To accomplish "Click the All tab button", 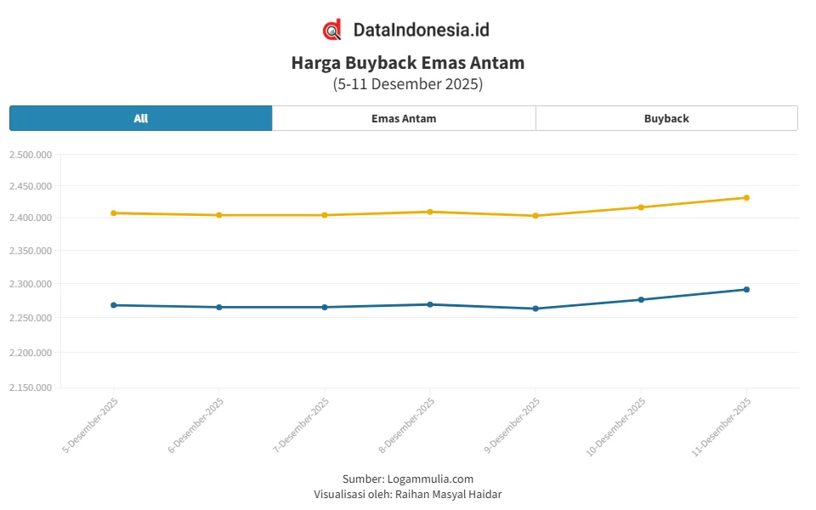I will tap(141, 118).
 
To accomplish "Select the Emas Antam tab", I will tap(404, 118).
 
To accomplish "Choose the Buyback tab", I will tap(666, 118).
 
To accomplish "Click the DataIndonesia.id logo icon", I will tap(332, 30).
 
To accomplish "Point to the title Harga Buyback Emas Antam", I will tap(408, 63).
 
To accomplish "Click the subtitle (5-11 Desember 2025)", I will tap(408, 84).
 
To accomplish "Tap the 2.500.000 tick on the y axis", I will tap(31, 155).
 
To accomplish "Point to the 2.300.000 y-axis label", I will tap(31, 284).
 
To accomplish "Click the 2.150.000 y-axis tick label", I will tap(31, 388).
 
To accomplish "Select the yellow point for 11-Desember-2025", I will tap(746, 198).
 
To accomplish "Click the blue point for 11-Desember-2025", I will tap(746, 290).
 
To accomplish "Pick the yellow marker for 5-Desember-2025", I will tap(114, 213).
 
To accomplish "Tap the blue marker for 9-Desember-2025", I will tap(535, 309).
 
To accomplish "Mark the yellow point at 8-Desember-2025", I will tap(430, 212).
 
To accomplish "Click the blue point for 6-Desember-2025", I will tap(219, 307).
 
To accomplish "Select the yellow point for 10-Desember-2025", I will tap(641, 207).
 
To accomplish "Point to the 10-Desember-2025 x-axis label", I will tap(617, 427).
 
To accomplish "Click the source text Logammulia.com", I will tap(430, 479).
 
